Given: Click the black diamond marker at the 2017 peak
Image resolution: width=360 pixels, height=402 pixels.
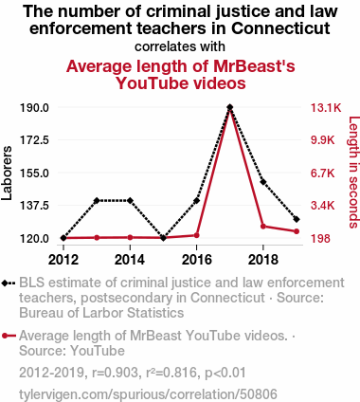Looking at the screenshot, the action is tap(230, 107).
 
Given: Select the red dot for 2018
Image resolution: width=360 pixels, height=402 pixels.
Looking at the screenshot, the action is tap(263, 227).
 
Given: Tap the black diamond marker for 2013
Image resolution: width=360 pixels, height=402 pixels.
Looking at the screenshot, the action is tap(97, 200).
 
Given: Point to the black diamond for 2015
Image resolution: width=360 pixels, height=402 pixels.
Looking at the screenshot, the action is tap(163, 238).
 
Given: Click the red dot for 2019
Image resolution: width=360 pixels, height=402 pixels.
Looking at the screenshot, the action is tap(297, 231).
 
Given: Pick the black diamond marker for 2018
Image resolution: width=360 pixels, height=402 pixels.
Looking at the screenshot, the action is tap(263, 182).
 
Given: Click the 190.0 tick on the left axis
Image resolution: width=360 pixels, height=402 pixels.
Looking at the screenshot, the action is tap(34, 108).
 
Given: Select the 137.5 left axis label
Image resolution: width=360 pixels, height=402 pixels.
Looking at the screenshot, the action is tap(34, 206).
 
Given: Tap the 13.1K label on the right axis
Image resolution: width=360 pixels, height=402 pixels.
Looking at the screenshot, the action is tap(326, 108).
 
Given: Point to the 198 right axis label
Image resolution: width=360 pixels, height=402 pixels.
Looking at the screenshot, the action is tap(320, 238).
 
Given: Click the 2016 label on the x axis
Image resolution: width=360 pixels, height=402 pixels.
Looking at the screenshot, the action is tap(196, 260).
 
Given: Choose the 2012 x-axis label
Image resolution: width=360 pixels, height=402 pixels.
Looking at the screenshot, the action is tap(63, 260).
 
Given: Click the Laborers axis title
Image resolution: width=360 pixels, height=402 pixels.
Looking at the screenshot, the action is tap(7, 173).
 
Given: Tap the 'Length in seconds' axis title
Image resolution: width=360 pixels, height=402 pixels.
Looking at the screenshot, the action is tap(353, 173).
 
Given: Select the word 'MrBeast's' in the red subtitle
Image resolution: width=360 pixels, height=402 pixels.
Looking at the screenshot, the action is tap(255, 66).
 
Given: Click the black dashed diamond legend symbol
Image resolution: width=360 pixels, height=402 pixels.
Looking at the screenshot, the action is tap(9, 283).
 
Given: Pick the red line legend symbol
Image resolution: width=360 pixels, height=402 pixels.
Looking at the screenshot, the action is tap(9, 336).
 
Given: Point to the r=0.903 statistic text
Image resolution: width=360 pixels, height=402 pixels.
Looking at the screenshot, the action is tap(115, 373).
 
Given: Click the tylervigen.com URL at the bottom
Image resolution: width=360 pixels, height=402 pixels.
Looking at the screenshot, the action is tap(148, 394).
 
